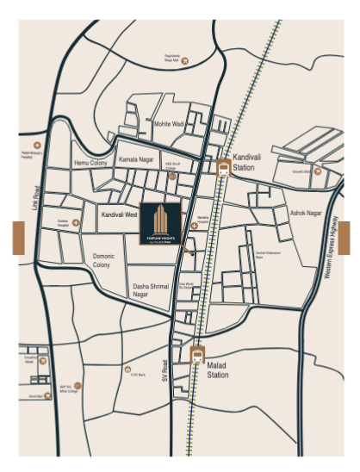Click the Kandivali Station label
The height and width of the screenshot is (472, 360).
click(x=245, y=165)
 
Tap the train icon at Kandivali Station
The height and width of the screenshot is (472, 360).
click(x=223, y=168)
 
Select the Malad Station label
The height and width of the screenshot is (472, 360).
click(x=218, y=370)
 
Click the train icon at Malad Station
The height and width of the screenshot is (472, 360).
click(x=197, y=353)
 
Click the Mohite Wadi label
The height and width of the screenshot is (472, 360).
click(x=170, y=124)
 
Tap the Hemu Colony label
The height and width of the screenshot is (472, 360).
click(x=90, y=162)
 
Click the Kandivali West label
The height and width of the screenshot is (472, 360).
click(x=120, y=214)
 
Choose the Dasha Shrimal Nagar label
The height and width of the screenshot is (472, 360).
click(x=151, y=290)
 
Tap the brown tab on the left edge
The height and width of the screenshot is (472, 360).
click(x=18, y=238)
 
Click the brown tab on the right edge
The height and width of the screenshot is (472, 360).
click(x=344, y=238)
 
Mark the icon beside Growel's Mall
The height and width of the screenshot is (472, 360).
click(x=317, y=171)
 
